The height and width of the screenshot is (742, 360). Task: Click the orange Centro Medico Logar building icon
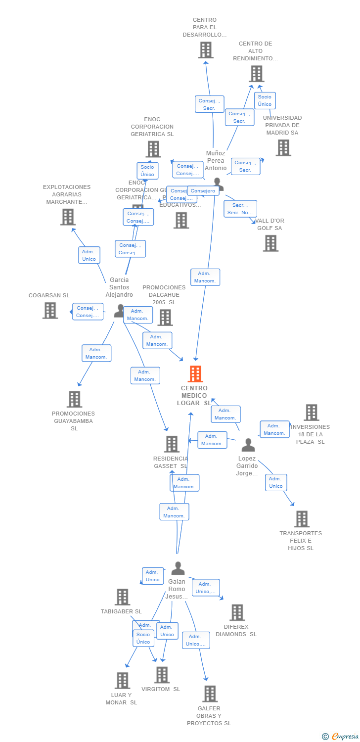tap(196, 374)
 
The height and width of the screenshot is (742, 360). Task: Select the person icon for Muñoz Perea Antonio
tap(218, 184)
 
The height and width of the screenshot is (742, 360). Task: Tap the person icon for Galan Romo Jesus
tap(178, 568)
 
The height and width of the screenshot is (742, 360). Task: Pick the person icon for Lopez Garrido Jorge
tap(248, 445)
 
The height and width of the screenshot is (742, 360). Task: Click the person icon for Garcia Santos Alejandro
tap(119, 311)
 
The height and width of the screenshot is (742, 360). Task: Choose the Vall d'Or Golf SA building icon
tap(270, 243)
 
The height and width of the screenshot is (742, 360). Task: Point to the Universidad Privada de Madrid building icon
tap(283, 147)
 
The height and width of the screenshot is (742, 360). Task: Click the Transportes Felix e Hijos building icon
tap(302, 519)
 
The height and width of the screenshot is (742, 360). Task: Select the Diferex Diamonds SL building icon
tap(237, 612)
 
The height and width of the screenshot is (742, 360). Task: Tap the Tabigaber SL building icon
tap(122, 597)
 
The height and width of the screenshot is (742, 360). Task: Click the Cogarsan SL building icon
tap(50, 310)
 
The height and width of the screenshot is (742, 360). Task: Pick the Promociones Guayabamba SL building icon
tap(74, 399)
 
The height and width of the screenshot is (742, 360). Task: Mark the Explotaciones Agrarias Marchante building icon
tap(68, 217)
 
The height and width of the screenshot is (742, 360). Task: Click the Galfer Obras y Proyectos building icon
tap(210, 694)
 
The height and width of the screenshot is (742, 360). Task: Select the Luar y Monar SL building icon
tap(122, 680)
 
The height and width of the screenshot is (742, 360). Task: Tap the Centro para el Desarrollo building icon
tap(205, 49)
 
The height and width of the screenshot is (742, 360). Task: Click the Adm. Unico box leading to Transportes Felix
tap(276, 482)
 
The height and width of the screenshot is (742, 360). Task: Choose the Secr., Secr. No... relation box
tap(240, 209)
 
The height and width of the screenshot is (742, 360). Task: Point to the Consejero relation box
tap(203, 191)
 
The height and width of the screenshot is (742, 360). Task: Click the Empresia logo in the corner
tap(341, 736)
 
